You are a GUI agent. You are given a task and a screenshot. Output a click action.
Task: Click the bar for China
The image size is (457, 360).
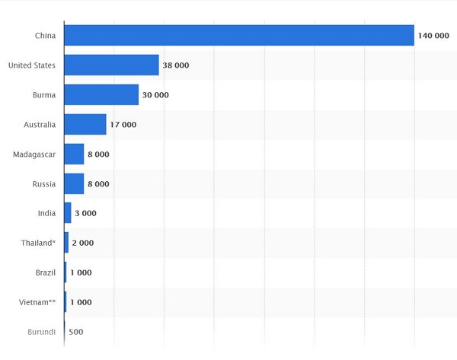click(x=239, y=36)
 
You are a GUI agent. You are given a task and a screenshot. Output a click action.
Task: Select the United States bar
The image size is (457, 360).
click(x=111, y=65)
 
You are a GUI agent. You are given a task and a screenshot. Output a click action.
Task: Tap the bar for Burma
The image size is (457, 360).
click(x=101, y=95)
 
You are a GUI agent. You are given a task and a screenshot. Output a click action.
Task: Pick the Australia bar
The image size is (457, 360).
click(x=85, y=125)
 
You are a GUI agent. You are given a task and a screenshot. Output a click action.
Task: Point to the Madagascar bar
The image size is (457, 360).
click(x=74, y=155)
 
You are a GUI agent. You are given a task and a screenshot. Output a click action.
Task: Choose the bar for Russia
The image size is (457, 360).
click(x=74, y=184)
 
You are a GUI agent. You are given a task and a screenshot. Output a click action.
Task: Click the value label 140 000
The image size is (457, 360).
click(x=433, y=36)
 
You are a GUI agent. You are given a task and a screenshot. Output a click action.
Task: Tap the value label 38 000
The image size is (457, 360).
click(x=175, y=65)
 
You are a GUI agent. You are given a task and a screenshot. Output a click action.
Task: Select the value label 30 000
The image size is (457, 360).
click(x=155, y=95)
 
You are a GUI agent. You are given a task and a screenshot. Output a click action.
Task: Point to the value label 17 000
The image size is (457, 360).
click(x=123, y=125)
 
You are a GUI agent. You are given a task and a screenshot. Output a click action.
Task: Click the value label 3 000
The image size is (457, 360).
click(x=85, y=214)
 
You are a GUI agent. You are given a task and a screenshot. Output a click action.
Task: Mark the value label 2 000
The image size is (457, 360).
click(x=82, y=243)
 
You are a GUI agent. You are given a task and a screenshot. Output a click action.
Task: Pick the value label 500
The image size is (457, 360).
click(x=75, y=332)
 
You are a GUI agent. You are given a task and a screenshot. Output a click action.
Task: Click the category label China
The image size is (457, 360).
click(x=45, y=36)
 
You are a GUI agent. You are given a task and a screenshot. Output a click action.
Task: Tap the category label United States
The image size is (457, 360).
click(x=32, y=65)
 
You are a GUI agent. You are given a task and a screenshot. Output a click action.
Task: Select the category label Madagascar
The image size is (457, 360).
click(x=34, y=155)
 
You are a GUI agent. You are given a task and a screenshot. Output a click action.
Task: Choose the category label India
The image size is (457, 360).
click(x=46, y=214)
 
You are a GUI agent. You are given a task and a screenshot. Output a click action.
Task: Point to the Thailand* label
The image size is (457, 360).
click(x=38, y=243)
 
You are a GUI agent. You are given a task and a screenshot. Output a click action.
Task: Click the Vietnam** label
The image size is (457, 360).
click(x=37, y=302)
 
